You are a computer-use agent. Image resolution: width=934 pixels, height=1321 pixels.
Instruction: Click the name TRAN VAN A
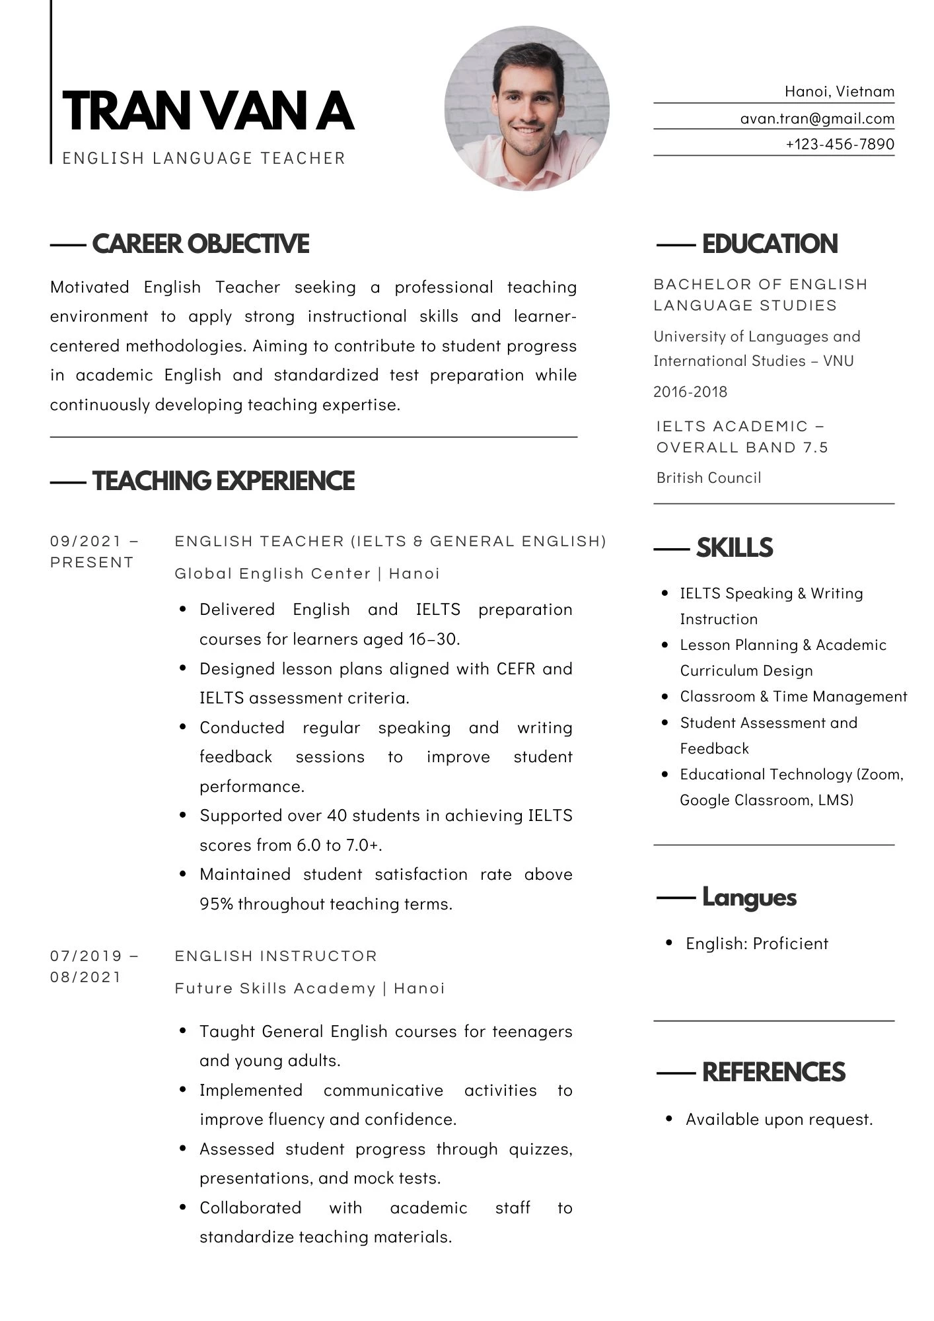pyautogui.click(x=208, y=111)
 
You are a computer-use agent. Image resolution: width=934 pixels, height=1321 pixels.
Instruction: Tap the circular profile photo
pyautogui.click(x=526, y=109)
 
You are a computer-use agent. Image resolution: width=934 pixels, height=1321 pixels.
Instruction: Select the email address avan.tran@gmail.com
pyautogui.click(x=817, y=119)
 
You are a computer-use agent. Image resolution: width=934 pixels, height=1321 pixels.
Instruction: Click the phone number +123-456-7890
pyautogui.click(x=840, y=144)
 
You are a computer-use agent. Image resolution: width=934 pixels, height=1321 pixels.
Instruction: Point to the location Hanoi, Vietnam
pyautogui.click(x=839, y=92)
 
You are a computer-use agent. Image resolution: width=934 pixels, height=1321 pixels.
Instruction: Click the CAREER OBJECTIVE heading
pyautogui.click(x=200, y=244)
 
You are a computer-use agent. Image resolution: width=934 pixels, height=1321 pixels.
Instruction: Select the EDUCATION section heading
pyautogui.click(x=770, y=244)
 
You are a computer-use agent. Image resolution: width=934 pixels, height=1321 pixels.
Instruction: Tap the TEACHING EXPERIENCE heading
pyautogui.click(x=223, y=481)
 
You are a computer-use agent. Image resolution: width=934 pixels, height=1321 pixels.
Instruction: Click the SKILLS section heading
pyautogui.click(x=734, y=548)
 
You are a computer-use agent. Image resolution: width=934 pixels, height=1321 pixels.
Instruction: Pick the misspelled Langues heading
pyautogui.click(x=749, y=897)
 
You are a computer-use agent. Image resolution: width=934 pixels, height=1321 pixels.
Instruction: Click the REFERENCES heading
pyautogui.click(x=773, y=1072)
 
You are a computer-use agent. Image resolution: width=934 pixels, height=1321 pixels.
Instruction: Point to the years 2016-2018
pyautogui.click(x=690, y=392)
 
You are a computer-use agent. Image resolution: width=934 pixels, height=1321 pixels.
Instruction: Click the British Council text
pyautogui.click(x=708, y=478)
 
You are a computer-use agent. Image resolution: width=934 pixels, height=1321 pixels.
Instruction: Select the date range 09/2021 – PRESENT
pyautogui.click(x=94, y=552)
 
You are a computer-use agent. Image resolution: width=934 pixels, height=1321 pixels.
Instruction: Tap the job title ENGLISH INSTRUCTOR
pyautogui.click(x=275, y=956)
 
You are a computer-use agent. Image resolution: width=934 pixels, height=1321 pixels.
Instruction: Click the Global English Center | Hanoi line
pyautogui.click(x=307, y=573)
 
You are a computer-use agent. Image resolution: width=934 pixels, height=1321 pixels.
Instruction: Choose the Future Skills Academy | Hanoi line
pyautogui.click(x=310, y=988)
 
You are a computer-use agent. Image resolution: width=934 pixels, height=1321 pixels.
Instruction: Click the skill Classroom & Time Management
pyautogui.click(x=793, y=696)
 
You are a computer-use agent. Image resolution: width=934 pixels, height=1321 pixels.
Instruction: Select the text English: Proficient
pyautogui.click(x=756, y=943)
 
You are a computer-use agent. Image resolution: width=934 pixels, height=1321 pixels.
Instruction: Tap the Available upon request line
pyautogui.click(x=779, y=1119)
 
